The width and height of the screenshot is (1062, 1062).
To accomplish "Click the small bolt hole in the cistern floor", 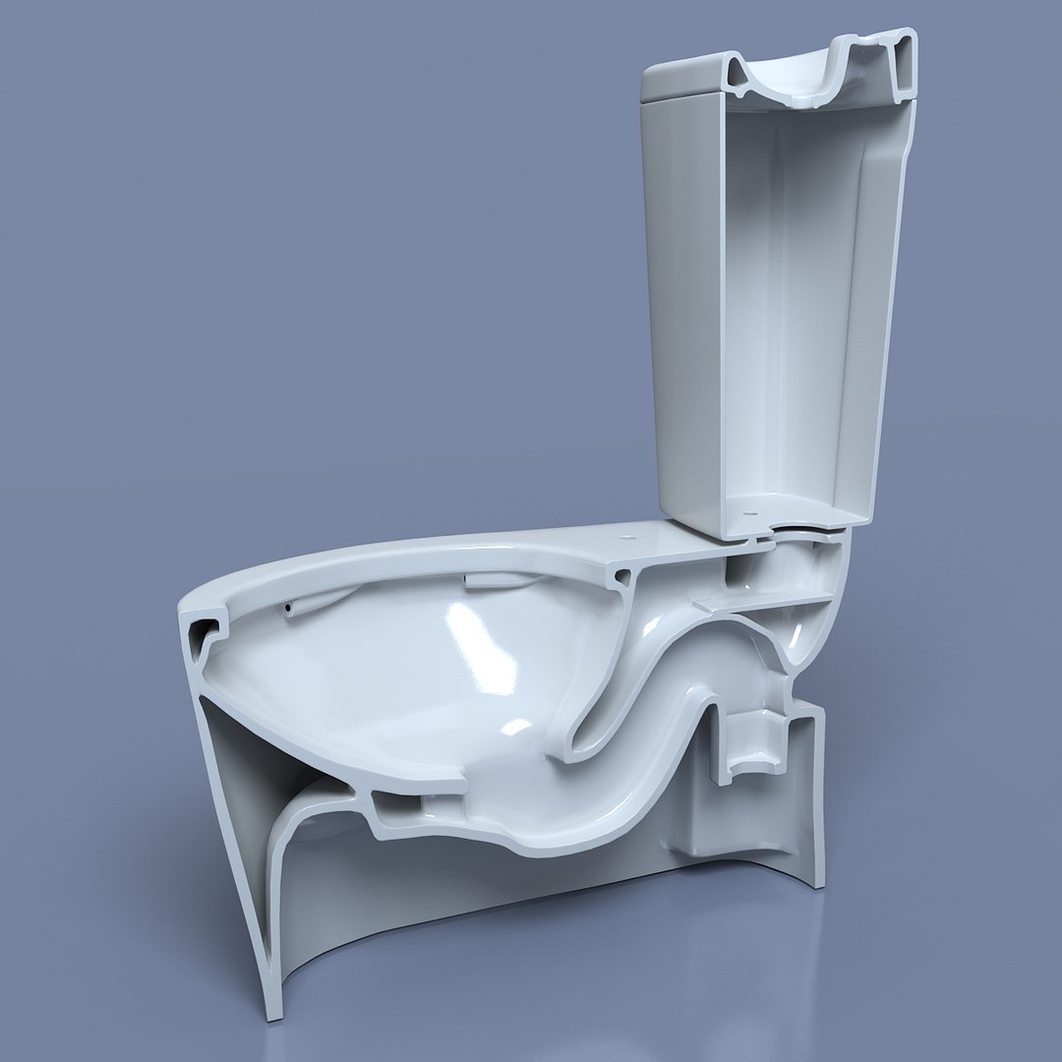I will pyautogui.click(x=750, y=511).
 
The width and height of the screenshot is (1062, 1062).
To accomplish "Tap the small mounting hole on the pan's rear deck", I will pyautogui.click(x=626, y=538).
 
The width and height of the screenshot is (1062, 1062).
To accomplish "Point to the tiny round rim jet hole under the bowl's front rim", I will pyautogui.click(x=286, y=611).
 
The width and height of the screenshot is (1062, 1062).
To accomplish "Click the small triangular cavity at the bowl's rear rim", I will pyautogui.click(x=621, y=579).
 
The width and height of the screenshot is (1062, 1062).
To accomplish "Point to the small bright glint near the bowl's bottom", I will pyautogui.click(x=514, y=730).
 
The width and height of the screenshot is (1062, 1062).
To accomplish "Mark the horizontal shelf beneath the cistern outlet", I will pyautogui.click(x=767, y=597).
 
